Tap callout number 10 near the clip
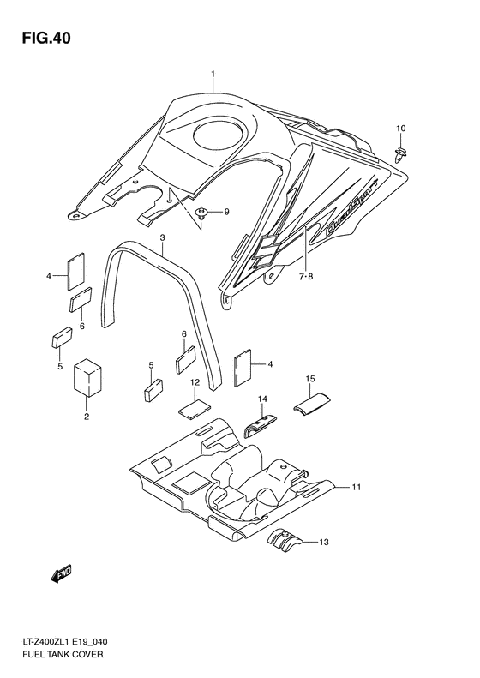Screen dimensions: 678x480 pyautogui.click(x=400, y=129)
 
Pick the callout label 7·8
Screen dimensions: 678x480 pyautogui.click(x=307, y=277)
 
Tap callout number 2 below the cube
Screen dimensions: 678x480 pyautogui.click(x=87, y=417)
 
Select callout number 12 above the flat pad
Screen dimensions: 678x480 pyautogui.click(x=195, y=382)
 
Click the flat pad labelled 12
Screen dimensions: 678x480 pyautogui.click(x=195, y=407)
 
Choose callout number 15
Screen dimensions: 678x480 pyautogui.click(x=311, y=378)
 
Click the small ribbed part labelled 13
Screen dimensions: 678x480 pyautogui.click(x=284, y=539)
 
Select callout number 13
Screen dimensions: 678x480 pyautogui.click(x=323, y=543)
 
